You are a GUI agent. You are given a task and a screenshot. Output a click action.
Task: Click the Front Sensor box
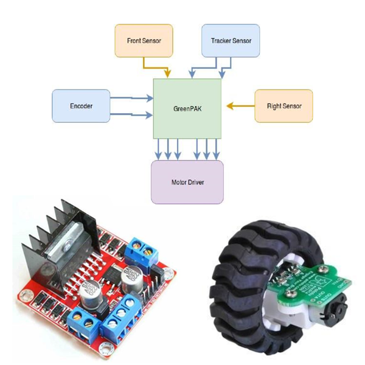(x=144, y=41)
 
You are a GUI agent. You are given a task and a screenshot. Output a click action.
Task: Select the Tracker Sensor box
(x=231, y=41)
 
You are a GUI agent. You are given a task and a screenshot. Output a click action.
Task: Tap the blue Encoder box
(x=81, y=105)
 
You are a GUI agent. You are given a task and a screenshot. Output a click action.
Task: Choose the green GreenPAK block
(x=187, y=108)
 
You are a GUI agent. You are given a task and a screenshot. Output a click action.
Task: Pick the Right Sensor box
(x=283, y=106)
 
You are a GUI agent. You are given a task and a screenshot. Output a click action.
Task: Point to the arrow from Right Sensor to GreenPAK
(x=240, y=106)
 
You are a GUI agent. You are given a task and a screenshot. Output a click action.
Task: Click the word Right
(x=274, y=106)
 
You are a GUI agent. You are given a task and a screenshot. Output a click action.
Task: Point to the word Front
(x=134, y=41)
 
